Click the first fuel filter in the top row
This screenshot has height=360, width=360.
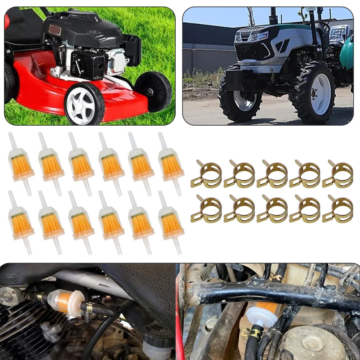click(21, 164)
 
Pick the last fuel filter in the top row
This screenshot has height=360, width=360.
click(171, 164)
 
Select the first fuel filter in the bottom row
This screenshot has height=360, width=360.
click(21, 223)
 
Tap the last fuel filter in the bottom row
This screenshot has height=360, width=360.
click(171, 223)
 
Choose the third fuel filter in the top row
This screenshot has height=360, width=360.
click(81, 164)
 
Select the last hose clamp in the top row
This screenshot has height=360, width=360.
click(338, 174)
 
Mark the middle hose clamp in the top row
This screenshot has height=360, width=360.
click(272, 174)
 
